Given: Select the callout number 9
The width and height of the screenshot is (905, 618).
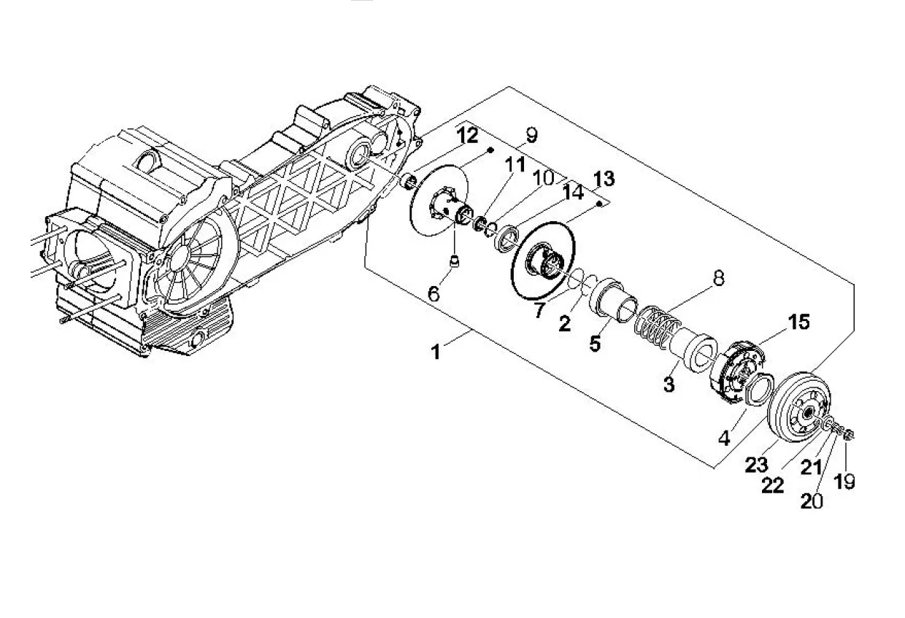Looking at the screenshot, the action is tap(531, 135).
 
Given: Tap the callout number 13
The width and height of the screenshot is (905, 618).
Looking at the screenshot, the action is tap(604, 179).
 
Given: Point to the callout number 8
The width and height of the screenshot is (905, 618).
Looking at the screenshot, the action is tap(718, 278).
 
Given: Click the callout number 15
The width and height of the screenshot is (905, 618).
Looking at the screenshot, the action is tap(798, 322).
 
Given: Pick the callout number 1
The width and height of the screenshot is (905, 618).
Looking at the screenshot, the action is tap(436, 352).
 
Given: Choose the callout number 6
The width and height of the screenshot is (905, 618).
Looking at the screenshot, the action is tap(434, 293).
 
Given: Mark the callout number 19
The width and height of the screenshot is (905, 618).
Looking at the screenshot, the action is tap(844, 482).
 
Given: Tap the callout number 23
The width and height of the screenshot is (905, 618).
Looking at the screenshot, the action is tap(756, 465).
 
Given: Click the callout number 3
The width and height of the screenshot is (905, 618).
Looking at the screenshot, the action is tap(669, 384).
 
